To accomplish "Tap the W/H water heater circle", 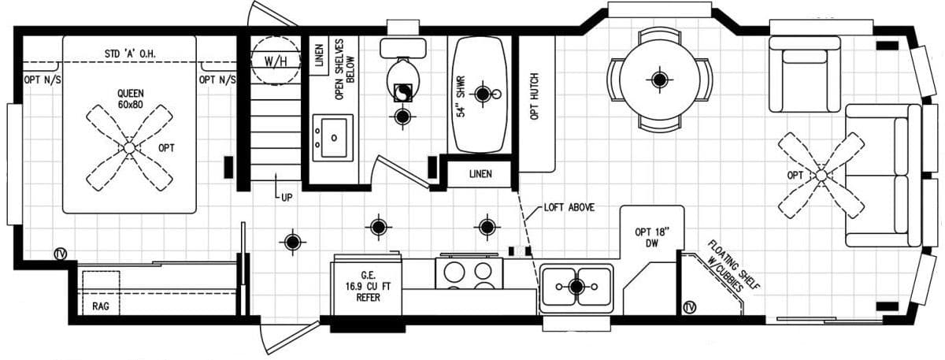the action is coord(275,61).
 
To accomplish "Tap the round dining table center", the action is coord(658,79).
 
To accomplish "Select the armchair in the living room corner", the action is coord(805,76).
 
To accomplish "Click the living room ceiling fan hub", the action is coord(821,175).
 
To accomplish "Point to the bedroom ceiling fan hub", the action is coord(129,147).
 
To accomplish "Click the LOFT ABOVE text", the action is coord(569,208).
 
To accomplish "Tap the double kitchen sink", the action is coord(576,285).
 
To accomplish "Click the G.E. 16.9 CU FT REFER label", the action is coord(368,286).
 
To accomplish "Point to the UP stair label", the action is coord(286,198).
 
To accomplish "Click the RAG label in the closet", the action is coord(100,305).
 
